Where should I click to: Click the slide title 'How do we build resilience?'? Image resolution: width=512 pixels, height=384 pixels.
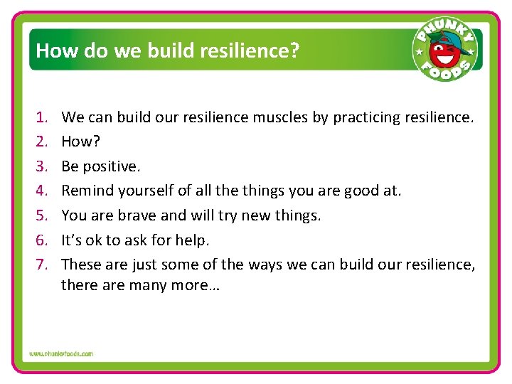tap(167, 50)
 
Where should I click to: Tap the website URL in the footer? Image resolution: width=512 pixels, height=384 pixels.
tap(61, 353)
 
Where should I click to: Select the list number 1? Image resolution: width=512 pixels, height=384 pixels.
tap(41, 117)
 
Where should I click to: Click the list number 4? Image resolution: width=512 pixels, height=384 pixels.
tap(41, 191)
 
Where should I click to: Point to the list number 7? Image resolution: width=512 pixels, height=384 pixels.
tap(41, 265)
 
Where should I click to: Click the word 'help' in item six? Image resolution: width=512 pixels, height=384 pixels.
tap(193, 240)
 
